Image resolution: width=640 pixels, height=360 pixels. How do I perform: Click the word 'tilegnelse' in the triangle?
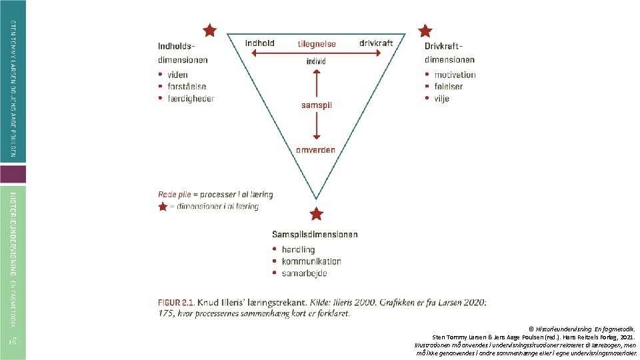click(317, 44)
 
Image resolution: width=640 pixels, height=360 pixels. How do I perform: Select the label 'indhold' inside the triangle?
click(259, 43)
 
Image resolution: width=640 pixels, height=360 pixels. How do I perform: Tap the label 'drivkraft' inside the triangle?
click(376, 43)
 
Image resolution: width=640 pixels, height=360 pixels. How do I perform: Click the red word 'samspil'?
click(317, 105)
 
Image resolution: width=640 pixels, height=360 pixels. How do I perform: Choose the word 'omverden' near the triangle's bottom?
click(316, 149)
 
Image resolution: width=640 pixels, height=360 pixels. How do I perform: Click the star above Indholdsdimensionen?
click(210, 30)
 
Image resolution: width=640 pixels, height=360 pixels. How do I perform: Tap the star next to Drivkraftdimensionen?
click(425, 31)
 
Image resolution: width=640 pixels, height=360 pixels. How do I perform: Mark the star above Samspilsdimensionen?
click(317, 214)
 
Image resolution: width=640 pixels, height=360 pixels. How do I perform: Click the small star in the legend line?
click(163, 207)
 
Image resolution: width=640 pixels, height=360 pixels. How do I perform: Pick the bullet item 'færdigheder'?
click(191, 99)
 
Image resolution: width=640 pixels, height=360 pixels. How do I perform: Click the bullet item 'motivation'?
click(455, 75)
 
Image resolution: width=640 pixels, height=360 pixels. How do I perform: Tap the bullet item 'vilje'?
click(441, 99)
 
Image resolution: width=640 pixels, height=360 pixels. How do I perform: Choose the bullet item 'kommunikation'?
click(311, 261)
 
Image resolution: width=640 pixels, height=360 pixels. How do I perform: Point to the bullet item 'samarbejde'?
click(304, 273)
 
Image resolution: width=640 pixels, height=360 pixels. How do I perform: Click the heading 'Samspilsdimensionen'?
click(315, 235)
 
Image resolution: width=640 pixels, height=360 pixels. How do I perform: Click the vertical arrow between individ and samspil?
click(317, 83)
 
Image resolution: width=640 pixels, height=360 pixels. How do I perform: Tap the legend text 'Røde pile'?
click(173, 195)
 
